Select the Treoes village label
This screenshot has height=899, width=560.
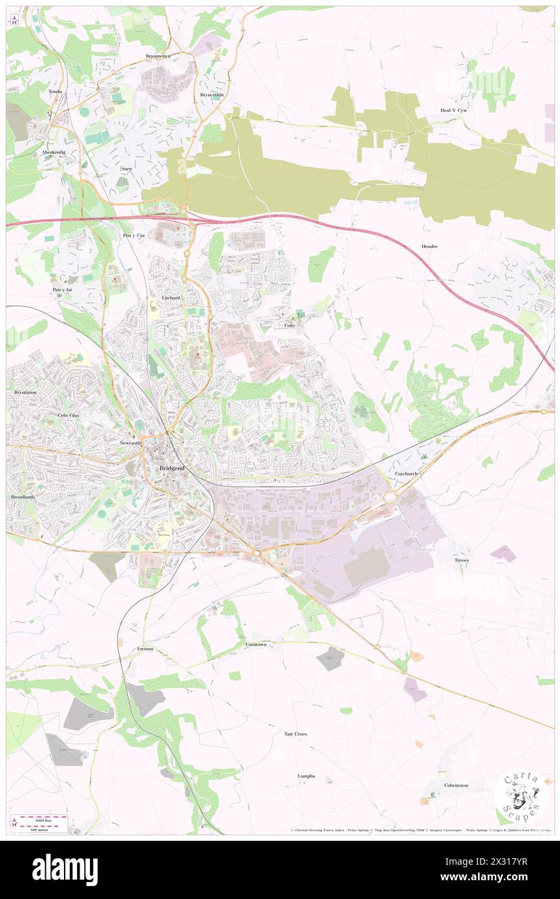(x=462, y=559)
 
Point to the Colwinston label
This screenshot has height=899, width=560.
(x=456, y=785)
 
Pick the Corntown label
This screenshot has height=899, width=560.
(x=257, y=645)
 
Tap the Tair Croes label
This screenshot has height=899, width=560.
(x=296, y=734)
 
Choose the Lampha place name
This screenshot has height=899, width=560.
(x=306, y=775)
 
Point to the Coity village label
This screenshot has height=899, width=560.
(x=290, y=325)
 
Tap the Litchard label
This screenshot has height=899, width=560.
(x=171, y=298)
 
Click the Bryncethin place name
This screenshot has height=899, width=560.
(x=211, y=94)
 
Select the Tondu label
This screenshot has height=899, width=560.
(x=56, y=92)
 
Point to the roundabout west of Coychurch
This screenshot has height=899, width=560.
(x=390, y=497)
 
